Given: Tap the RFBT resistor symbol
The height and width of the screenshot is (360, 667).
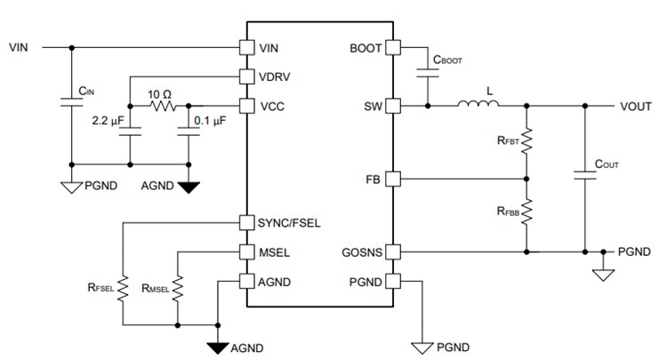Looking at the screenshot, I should pyautogui.click(x=526, y=140).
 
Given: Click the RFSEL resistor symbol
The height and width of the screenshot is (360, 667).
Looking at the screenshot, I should pyautogui.click(x=123, y=286).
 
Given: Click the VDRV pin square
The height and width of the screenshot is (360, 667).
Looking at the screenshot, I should pyautogui.click(x=247, y=76).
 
